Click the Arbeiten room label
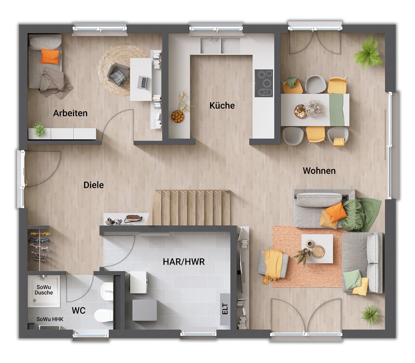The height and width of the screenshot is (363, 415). (70, 113)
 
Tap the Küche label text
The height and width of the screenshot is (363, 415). (222, 106)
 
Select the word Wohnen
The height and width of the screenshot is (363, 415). (319, 171)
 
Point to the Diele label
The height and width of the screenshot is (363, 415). (94, 185)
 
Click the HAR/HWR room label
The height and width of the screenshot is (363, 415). (184, 262)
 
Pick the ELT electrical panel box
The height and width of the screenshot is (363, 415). (225, 309)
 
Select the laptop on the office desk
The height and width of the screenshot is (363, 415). (143, 82)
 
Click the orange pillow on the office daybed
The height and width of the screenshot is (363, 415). (50, 56)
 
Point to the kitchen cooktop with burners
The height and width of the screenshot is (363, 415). (264, 83)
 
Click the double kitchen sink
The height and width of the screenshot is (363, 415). (220, 45)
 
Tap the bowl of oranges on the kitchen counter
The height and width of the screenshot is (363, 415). (178, 116)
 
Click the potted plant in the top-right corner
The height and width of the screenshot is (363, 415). (368, 54)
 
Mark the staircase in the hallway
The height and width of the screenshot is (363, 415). (191, 207)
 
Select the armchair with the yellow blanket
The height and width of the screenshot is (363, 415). (273, 264)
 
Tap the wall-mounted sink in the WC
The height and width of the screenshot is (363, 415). (107, 291)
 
